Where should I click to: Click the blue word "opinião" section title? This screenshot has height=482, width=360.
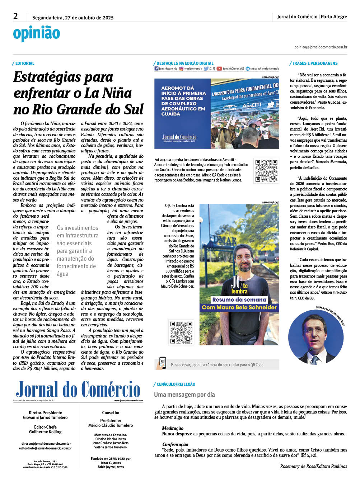tap(37, 33)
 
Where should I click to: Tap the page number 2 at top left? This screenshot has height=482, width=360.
tap(15, 16)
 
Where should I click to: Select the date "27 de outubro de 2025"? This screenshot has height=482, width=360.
tap(89, 18)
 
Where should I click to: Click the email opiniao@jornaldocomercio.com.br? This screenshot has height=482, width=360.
tap(321, 47)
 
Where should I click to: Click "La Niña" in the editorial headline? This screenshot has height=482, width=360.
tap(107, 93)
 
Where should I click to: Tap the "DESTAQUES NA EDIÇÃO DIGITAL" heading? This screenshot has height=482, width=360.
tap(185, 63)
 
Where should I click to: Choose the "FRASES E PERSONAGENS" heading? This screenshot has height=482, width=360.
tap(315, 63)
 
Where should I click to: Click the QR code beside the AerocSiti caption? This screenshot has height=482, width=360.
tap(266, 171)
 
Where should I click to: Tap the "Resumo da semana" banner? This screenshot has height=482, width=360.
tap(239, 299)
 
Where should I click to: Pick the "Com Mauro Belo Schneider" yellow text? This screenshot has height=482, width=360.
tap(239, 307)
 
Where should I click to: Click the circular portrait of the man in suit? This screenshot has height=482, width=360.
tap(316, 337)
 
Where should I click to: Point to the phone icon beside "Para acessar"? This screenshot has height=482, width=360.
tap(162, 363)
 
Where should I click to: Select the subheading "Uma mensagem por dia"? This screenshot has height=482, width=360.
tap(184, 394)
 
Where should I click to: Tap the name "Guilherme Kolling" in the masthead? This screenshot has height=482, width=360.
tap(45, 432)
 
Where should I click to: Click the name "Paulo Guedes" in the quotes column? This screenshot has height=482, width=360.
tap(329, 102)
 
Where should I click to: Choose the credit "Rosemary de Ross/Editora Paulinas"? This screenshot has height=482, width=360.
tap(313, 466)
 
